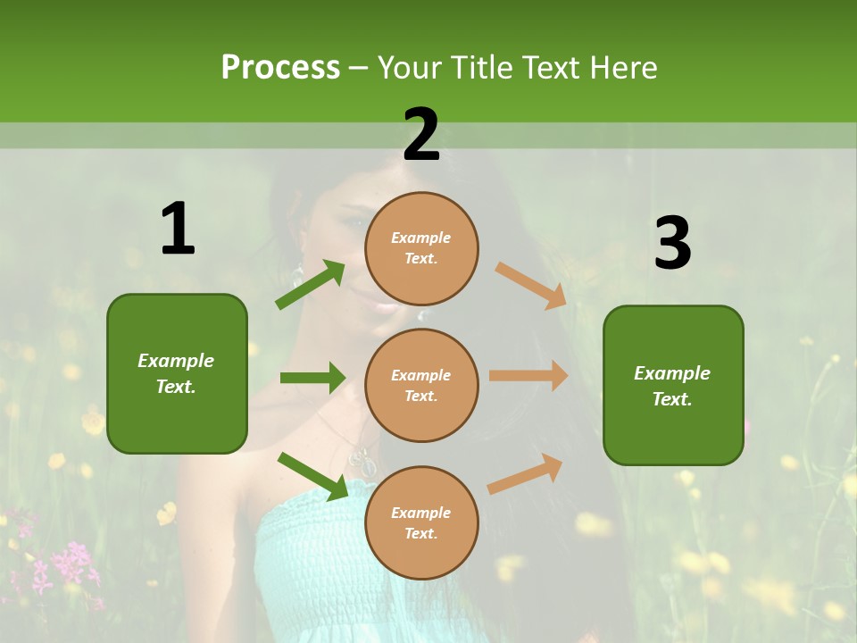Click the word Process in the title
280,67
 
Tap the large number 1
178,230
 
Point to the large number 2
421,135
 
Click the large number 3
672,243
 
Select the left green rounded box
177,373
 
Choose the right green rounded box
673,385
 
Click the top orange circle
421,247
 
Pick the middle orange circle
421,385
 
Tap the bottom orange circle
421,522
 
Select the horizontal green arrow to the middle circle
312,378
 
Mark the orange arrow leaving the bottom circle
525,473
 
